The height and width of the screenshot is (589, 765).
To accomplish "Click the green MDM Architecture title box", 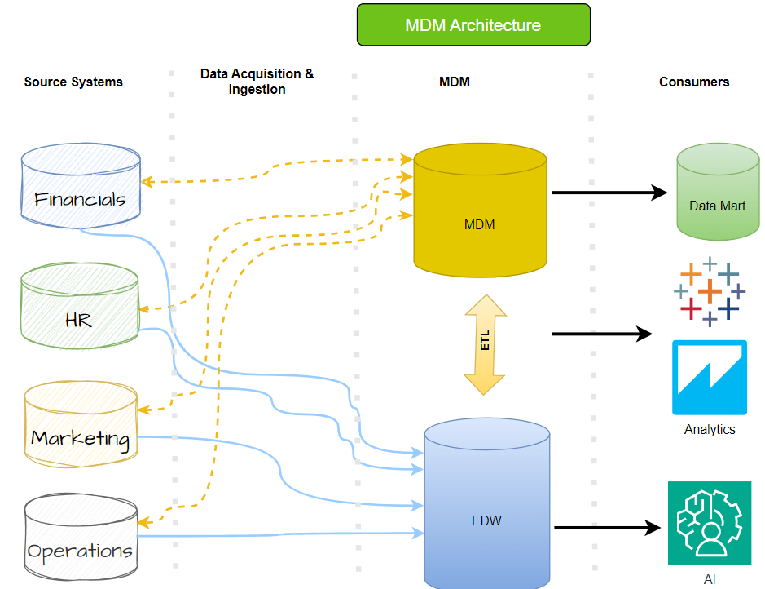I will tap(473, 25).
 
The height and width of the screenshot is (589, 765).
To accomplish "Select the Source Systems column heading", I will tap(73, 82).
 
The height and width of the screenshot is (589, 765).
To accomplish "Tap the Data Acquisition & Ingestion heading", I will tap(257, 82).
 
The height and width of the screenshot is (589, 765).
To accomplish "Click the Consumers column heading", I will tap(694, 82).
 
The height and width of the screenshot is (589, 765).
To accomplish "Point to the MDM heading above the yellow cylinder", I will tap(454, 82).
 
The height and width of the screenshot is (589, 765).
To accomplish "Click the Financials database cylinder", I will tap(81, 185).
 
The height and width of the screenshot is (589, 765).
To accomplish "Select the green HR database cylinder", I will tap(79, 308).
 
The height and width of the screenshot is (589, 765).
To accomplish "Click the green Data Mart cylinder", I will tap(718, 193).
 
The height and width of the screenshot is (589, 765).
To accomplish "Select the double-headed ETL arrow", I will tap(486, 344).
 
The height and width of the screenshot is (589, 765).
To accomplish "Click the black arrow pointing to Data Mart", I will tap(609, 193).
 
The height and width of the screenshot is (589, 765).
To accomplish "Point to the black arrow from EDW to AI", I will tap(607, 528).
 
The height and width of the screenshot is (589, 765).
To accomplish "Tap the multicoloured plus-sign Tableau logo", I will tap(710, 291).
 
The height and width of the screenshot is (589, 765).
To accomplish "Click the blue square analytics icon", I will tap(709, 378).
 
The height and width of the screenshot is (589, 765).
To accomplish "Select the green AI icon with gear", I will tap(709, 523).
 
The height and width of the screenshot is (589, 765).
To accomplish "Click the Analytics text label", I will tap(709, 430).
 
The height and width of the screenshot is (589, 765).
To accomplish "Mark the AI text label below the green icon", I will tap(709, 580).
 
